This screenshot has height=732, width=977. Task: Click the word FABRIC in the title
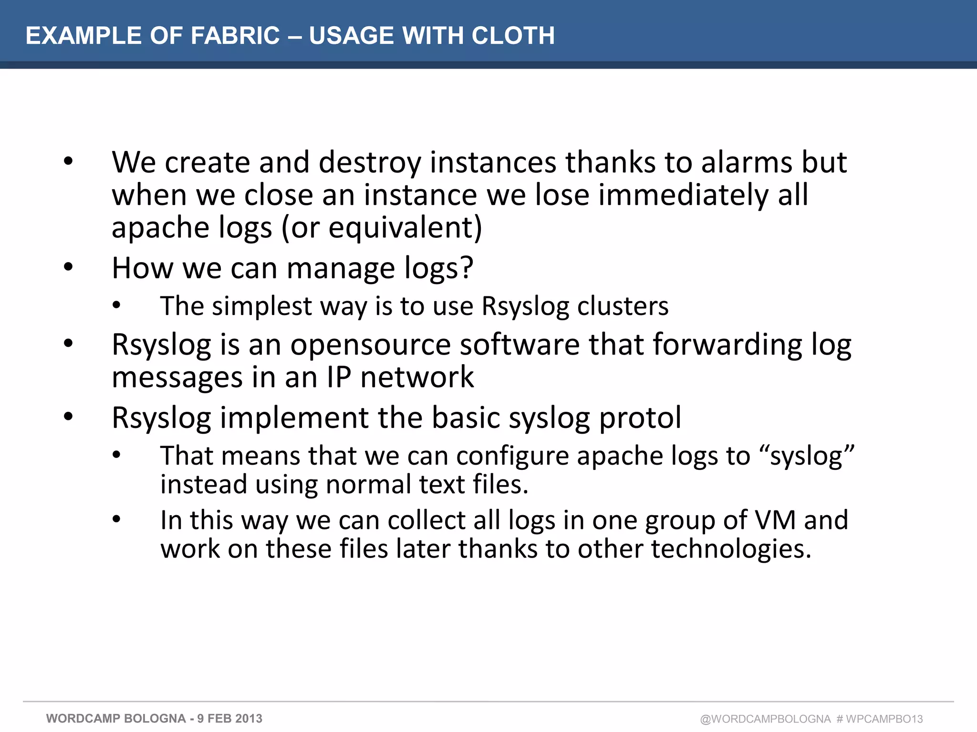[x=235, y=36]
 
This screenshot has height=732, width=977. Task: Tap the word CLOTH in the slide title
[x=513, y=36]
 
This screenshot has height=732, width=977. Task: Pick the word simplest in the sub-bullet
[x=262, y=306]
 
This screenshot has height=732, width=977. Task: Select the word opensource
[x=370, y=345]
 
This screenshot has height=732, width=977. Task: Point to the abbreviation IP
[x=339, y=377]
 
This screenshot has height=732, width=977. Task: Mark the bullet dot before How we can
[x=69, y=267]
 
